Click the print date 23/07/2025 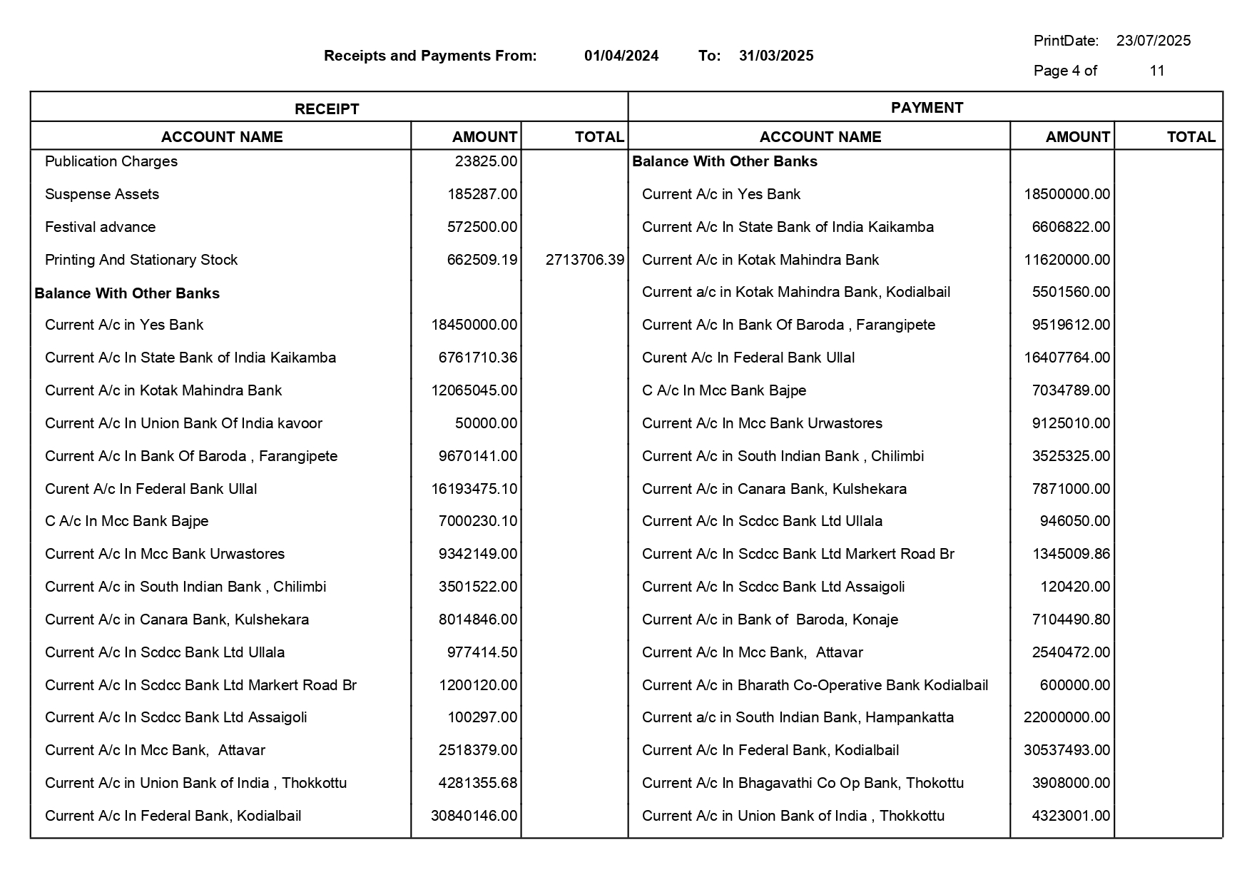coord(1153,41)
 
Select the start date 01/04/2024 coord(621,56)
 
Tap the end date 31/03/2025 coord(776,56)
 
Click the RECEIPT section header coord(327,109)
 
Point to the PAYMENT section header coord(927,108)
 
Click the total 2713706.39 coord(584,260)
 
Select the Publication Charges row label coord(111,161)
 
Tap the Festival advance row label coord(100,227)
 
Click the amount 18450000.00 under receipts coord(474,325)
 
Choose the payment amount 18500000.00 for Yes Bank coord(1067,194)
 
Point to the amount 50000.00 coord(486,423)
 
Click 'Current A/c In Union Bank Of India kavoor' coord(183,423)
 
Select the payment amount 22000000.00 coord(1067,717)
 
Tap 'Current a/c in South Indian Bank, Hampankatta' coord(798,717)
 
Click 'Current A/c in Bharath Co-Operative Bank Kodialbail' coord(815,685)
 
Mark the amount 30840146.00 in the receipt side coord(474,816)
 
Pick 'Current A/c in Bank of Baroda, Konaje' coord(770,619)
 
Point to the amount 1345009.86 coord(1071,554)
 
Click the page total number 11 coord(1157,71)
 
